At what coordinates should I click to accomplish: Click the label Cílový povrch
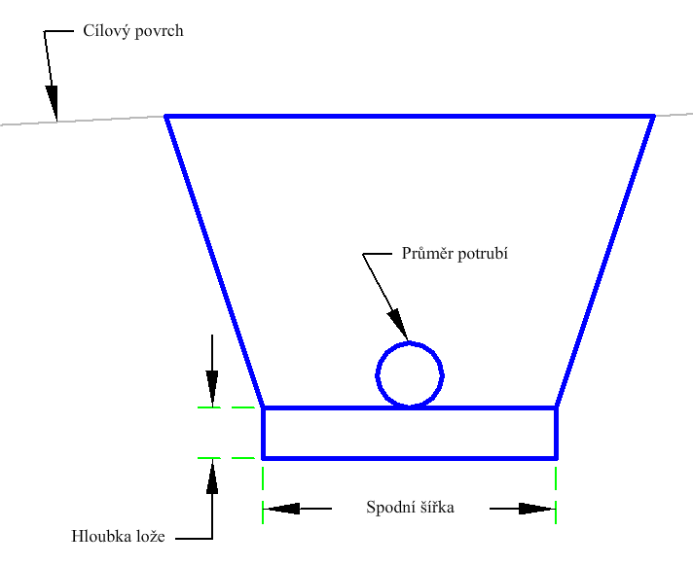coord(133,32)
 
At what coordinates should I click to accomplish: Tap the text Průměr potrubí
coord(455,254)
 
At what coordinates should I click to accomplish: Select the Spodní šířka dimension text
coord(410,508)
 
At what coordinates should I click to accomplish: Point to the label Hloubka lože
coord(118,537)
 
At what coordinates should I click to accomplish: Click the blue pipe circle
coord(377,375)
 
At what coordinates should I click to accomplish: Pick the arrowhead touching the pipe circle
coord(398,325)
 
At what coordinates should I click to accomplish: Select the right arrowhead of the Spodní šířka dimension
coord(537,509)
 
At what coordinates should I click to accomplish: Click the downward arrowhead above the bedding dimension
coord(212,389)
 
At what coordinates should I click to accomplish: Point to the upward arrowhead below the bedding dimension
coord(212,476)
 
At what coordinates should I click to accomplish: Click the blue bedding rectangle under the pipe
coord(410,458)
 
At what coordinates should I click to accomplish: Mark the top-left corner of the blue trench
coord(166,117)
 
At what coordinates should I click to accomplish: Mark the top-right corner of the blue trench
coord(653,117)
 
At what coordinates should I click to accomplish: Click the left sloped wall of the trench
coord(214,262)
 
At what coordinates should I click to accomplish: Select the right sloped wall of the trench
coord(605,262)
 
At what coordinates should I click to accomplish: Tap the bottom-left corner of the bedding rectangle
coord(263,458)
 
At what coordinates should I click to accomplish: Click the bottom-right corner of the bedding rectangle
coord(557,458)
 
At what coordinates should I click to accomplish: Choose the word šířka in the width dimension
coord(434,508)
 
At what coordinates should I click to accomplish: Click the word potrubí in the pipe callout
coord(483,255)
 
